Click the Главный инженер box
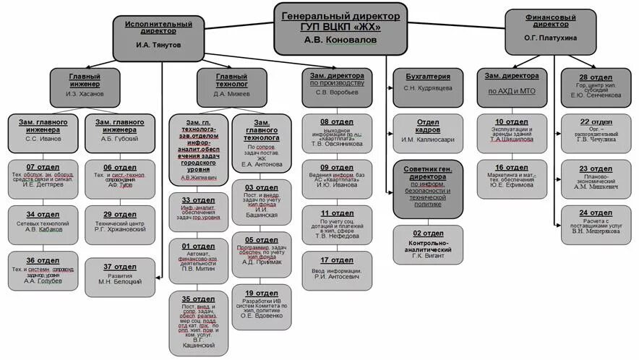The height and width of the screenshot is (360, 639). [x=85, y=84]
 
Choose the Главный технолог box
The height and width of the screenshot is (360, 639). [x=231, y=84]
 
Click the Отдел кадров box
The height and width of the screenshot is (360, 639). [x=427, y=131]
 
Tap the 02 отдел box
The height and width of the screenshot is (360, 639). [x=427, y=244]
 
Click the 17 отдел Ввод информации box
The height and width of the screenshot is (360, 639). [x=337, y=268]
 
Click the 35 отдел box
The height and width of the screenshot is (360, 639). [x=198, y=322]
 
